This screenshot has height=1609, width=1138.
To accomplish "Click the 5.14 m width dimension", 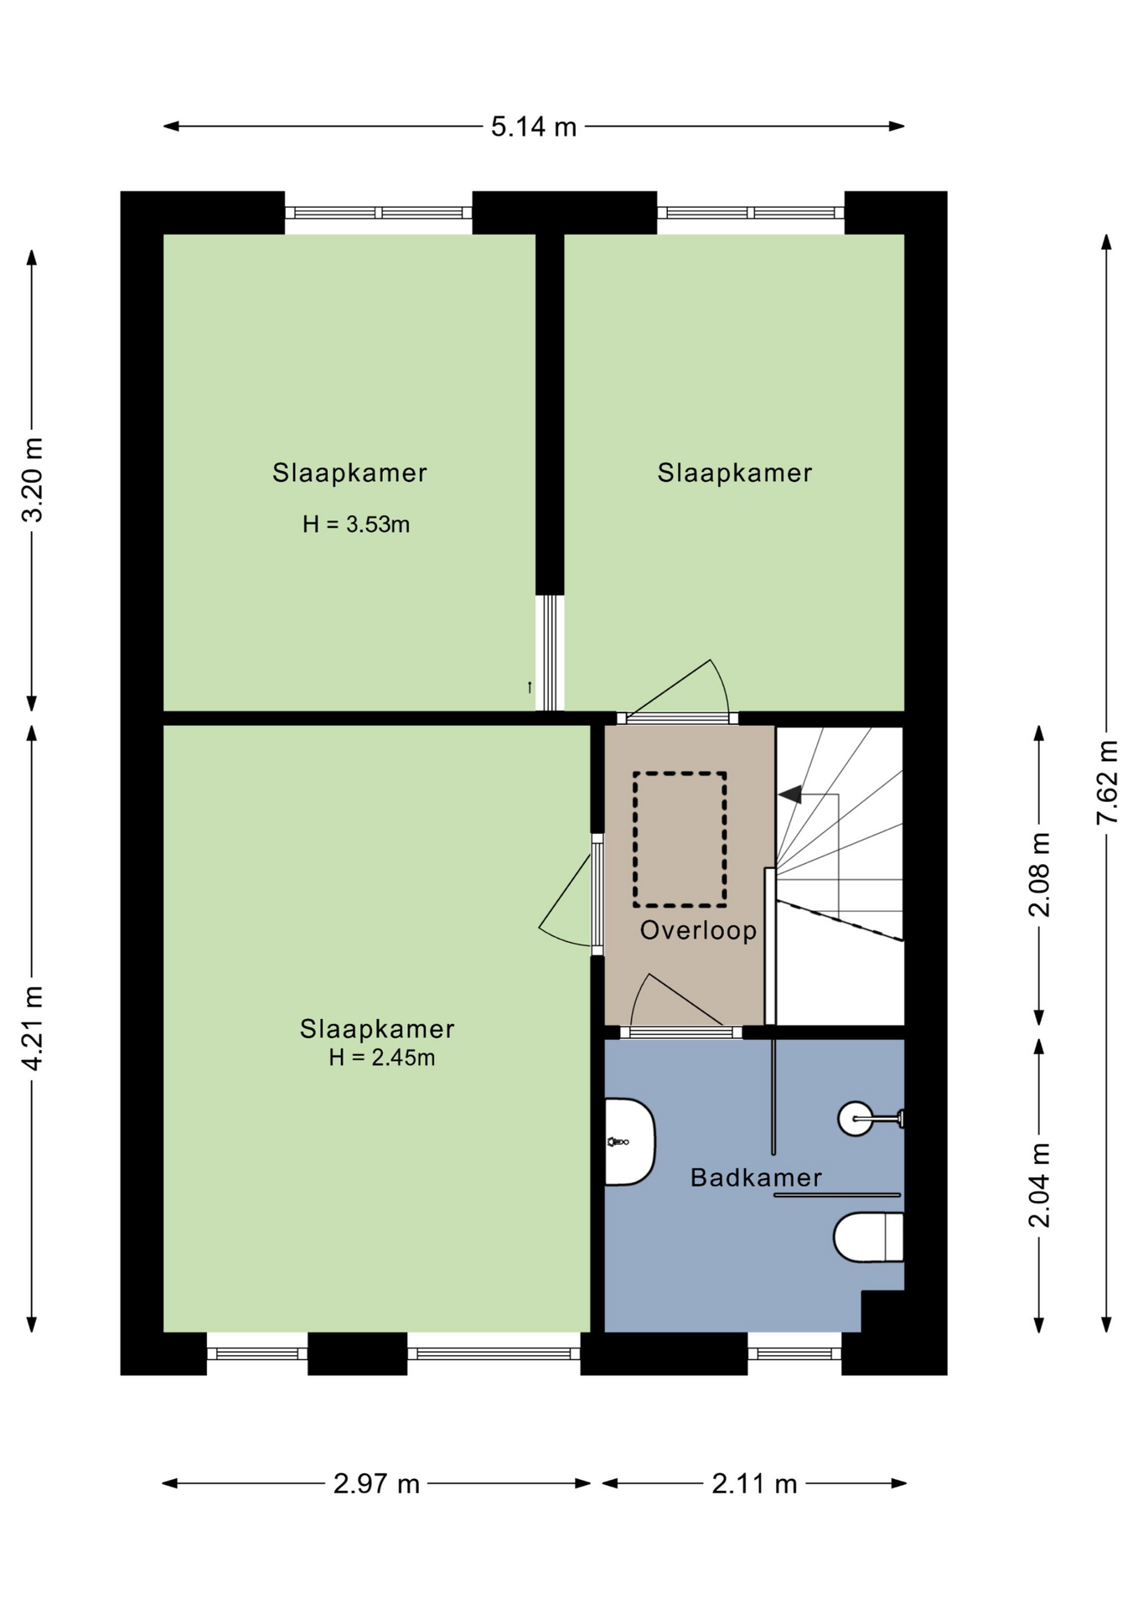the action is (534, 127).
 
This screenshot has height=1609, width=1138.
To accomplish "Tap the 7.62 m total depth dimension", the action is (1107, 783).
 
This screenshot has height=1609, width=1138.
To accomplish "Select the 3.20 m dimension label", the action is (32, 480).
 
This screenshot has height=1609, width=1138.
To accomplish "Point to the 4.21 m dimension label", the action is (32, 1027).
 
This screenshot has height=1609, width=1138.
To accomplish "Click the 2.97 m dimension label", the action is (376, 1484).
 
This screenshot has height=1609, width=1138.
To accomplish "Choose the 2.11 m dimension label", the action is (754, 1484).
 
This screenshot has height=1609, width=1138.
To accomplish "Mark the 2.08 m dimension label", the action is (1039, 875).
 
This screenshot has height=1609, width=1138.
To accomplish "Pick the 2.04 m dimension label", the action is (1039, 1185).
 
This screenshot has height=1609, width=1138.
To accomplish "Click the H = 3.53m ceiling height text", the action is (356, 525).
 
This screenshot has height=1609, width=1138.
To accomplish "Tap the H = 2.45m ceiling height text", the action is (381, 1058).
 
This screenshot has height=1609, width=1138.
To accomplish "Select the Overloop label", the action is (698, 930).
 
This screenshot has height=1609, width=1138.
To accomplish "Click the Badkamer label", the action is (756, 1177).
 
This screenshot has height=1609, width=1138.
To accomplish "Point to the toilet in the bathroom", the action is (868, 1236).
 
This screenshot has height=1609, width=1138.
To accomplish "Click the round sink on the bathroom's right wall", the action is (856, 1118).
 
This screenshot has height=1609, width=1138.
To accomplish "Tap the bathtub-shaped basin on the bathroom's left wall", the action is (629, 1141).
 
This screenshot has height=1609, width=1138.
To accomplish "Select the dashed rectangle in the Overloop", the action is (680, 840).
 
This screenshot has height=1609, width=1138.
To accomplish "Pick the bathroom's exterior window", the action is (794, 1353).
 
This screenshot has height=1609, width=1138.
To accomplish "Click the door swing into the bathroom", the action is (675, 1001).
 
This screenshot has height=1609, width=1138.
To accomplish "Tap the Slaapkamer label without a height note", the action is (735, 473).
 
